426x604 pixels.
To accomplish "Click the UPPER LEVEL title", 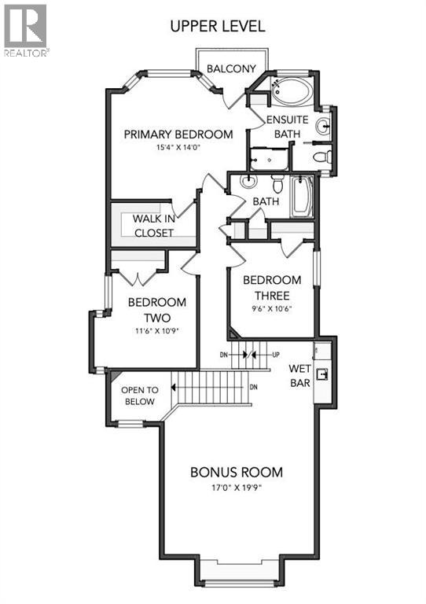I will [218, 26].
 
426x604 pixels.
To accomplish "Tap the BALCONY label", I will [231, 69].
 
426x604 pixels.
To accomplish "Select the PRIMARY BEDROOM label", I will [178, 134].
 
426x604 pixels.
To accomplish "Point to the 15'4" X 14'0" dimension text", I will [178, 147].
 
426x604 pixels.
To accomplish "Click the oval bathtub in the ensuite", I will [293, 94].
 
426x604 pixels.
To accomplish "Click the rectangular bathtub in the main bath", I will [301, 196].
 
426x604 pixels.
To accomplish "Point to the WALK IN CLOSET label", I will [153, 225].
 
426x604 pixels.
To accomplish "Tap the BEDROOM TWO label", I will [156, 310].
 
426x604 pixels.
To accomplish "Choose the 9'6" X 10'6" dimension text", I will [272, 308].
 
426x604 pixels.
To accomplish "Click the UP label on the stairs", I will [275, 354].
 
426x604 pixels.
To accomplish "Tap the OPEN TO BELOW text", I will [139, 396].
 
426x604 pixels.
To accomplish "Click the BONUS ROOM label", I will [237, 473].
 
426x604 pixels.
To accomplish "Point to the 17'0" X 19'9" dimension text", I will [237, 487].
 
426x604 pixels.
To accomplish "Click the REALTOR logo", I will [25, 31].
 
